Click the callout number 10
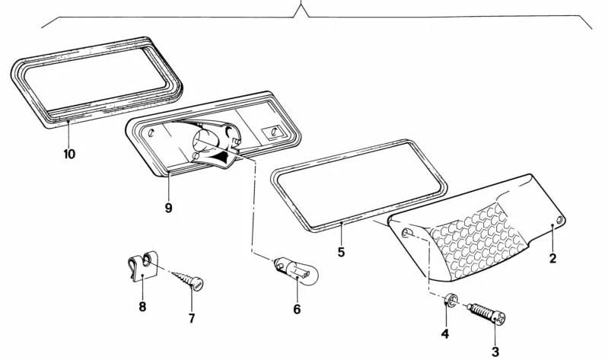click(x=69, y=155)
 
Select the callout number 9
click(x=168, y=209)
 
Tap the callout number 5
click(x=341, y=252)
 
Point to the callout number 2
click(x=553, y=258)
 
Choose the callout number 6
click(x=297, y=310)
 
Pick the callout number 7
click(x=192, y=318)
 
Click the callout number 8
click(x=142, y=307)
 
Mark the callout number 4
click(x=445, y=333)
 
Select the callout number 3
click(x=495, y=352)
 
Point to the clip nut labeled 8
click(x=142, y=266)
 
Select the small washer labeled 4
click(x=450, y=301)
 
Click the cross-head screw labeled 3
click(x=486, y=314)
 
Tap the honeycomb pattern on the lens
click(x=476, y=240)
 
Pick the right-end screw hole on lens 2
click(x=560, y=221)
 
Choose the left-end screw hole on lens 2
click(x=407, y=233)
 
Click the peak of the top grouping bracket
click(x=301, y=5)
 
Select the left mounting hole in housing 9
click(x=151, y=132)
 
